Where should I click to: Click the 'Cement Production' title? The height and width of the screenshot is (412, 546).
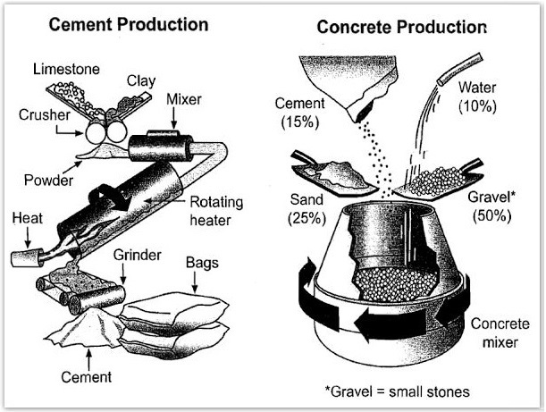tap(129, 24)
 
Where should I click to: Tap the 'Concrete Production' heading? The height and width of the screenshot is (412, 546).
tap(401, 27)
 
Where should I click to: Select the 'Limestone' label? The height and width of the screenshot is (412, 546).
tap(66, 69)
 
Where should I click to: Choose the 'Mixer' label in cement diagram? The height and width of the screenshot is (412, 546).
tap(185, 99)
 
